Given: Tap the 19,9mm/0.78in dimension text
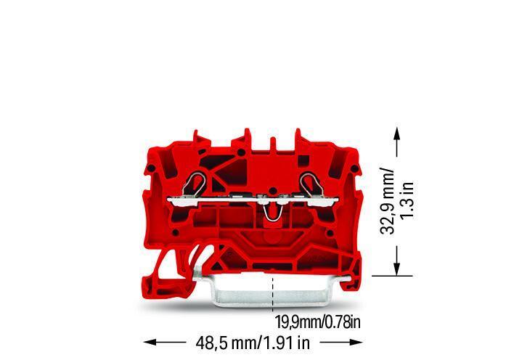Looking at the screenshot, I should pyautogui.click(x=318, y=322).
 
